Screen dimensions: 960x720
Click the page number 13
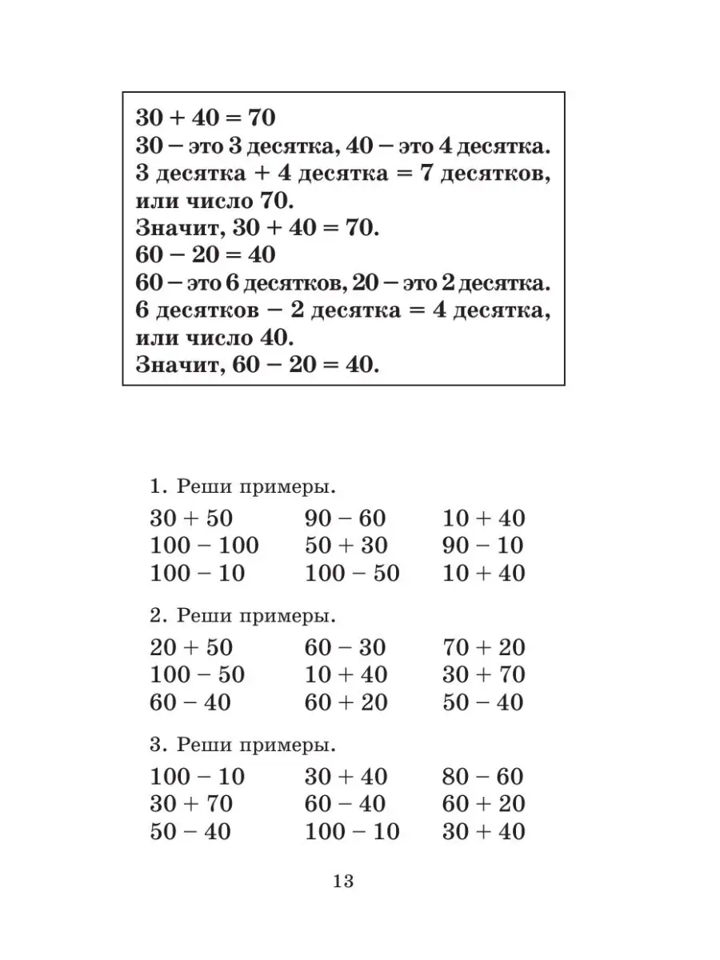(x=342, y=882)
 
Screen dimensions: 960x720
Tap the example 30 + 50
(x=191, y=518)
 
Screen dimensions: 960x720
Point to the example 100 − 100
(x=204, y=546)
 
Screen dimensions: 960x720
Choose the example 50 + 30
(x=346, y=546)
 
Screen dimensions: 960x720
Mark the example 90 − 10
(x=483, y=546)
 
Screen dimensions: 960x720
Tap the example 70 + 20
(x=483, y=647)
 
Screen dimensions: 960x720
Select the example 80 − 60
(x=483, y=776)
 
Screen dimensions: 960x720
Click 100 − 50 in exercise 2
(x=197, y=674)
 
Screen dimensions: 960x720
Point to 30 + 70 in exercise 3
(x=191, y=803)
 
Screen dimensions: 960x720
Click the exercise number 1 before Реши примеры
(x=156, y=486)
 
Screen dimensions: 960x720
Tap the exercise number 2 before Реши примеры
(x=156, y=616)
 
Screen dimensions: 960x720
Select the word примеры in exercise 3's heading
(x=291, y=746)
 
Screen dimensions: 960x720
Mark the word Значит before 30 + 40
(x=179, y=228)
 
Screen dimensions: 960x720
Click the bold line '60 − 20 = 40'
(x=206, y=255)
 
